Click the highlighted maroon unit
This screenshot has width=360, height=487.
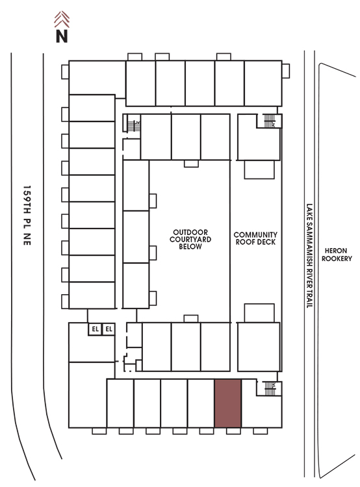click(228, 403)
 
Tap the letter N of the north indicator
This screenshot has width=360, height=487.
click(62, 36)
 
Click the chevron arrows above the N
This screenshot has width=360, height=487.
click(62, 19)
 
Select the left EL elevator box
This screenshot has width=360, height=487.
click(95, 329)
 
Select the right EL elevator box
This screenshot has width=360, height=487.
click(109, 329)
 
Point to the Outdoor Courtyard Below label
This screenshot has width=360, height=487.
click(190, 240)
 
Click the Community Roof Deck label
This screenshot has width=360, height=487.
click(255, 238)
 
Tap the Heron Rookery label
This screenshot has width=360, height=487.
click(337, 255)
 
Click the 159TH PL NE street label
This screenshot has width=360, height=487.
click(27, 216)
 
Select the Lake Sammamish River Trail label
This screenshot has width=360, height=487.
click(309, 256)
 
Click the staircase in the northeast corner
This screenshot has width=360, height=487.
click(270, 121)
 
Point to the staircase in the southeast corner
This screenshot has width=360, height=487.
click(270, 388)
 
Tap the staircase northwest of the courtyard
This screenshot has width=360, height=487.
click(134, 126)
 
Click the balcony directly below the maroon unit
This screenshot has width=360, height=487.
click(233, 431)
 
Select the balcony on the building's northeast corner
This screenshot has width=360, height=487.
click(286, 71)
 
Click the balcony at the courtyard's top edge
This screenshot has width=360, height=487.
click(191, 164)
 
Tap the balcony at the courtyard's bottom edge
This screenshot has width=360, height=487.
click(191, 319)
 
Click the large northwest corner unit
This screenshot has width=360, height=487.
click(97, 78)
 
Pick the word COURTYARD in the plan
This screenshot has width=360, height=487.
click(190, 240)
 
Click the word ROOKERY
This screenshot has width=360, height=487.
click(337, 258)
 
